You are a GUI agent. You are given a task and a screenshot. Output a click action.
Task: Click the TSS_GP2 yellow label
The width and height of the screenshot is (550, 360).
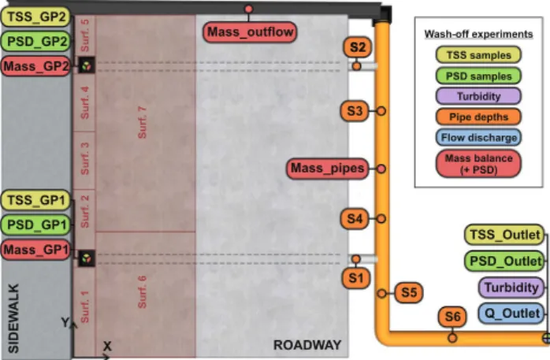click(x=35, y=17)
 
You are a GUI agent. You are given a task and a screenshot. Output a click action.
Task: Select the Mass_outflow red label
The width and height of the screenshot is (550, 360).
click(x=250, y=32)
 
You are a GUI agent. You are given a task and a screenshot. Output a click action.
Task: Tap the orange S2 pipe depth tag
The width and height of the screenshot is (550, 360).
click(x=358, y=47)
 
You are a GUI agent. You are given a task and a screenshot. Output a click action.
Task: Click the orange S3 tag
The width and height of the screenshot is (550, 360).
click(x=355, y=111)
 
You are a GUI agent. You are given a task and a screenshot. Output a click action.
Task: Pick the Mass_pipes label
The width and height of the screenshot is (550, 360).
click(x=328, y=169)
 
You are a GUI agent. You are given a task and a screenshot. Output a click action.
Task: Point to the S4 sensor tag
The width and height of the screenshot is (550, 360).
click(x=355, y=219)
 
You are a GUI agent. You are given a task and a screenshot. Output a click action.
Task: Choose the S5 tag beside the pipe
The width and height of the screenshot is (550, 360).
click(x=409, y=292)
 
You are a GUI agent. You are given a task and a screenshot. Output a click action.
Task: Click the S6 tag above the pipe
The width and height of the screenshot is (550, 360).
click(x=452, y=317)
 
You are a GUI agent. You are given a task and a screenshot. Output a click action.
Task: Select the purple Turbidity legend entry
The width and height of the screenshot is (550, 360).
click(x=478, y=96)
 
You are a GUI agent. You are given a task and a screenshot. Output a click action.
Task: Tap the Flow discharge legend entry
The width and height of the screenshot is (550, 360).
click(x=478, y=137)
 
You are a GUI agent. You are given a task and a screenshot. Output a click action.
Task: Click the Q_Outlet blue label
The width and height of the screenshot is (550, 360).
click(x=512, y=314)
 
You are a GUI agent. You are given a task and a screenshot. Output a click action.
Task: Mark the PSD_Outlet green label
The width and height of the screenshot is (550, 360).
click(x=505, y=262)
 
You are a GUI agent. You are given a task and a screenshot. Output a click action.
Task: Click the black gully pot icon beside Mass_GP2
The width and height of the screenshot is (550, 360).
click(x=87, y=65)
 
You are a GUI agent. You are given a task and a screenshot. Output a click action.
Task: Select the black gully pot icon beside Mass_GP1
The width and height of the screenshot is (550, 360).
click(x=87, y=258)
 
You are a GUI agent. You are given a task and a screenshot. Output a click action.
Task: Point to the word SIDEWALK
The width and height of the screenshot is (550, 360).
click(x=13, y=318)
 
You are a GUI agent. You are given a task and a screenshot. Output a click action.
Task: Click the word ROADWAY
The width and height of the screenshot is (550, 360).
click(x=307, y=345)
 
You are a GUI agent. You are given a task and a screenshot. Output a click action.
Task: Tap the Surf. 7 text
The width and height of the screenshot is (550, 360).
click(x=142, y=122)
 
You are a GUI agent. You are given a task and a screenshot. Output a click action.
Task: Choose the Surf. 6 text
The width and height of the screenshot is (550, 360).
click(x=142, y=292)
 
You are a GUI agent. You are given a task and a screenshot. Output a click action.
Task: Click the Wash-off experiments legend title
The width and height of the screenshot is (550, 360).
click(x=478, y=34)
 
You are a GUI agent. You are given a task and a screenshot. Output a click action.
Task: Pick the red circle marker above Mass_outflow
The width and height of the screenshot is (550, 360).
click(x=249, y=9)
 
